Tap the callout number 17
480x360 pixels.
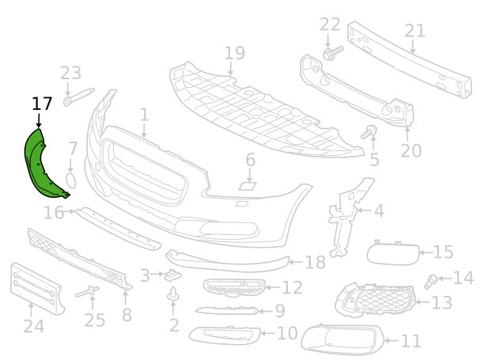42,103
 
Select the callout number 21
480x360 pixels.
414,31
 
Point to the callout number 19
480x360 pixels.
234,53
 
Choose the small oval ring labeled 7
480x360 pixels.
70,181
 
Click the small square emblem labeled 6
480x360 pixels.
248,188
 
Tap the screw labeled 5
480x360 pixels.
369,133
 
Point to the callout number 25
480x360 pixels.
95,320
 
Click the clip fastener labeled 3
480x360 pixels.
169,275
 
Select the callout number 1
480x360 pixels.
144,115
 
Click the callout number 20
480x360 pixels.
410,149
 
